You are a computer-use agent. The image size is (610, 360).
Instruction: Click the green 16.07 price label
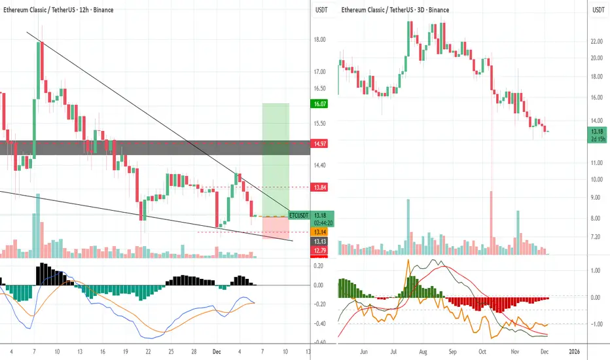320,103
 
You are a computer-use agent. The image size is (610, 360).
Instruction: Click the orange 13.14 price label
320,232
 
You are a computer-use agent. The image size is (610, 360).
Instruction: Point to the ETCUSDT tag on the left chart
298,215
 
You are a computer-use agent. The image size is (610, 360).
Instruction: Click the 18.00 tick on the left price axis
320,39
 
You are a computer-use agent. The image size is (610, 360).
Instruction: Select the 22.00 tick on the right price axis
596,41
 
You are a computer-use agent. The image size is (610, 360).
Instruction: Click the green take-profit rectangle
276,157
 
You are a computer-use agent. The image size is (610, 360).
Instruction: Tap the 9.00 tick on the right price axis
596,197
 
